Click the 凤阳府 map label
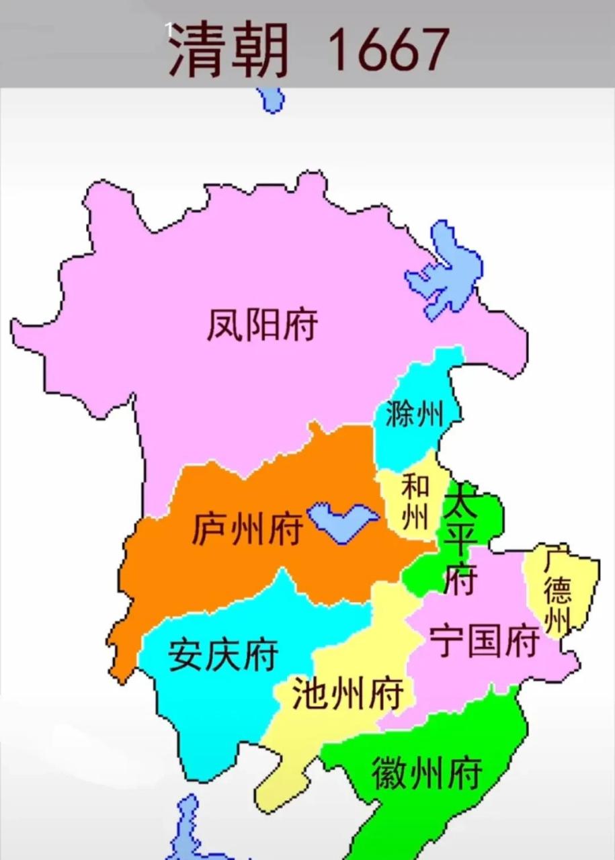262,325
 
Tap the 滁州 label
415,415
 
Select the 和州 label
415,503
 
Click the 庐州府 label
247,529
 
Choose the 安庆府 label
222,654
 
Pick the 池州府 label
347,694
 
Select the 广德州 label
558,591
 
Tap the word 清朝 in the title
229,50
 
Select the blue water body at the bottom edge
188,833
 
